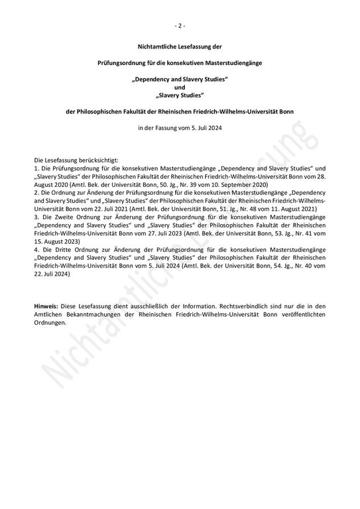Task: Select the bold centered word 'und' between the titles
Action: [180, 87]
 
